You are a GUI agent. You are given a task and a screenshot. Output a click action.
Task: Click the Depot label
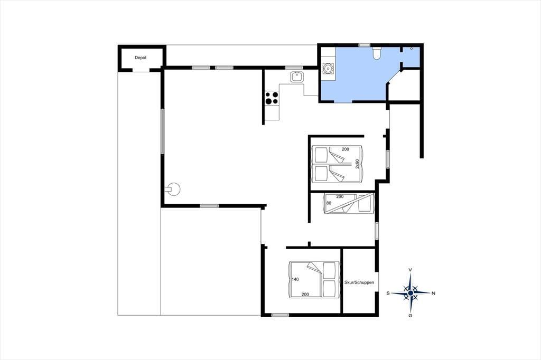point(141,58)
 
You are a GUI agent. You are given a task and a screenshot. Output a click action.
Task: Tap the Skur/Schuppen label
point(359,282)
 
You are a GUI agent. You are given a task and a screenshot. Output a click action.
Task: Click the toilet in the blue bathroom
point(376,53)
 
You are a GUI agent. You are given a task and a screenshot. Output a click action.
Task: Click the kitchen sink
point(297,76)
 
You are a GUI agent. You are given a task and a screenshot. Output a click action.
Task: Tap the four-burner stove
point(272,98)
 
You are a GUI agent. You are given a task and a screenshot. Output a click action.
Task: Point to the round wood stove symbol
point(173,189)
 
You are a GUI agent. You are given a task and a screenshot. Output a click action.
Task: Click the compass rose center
point(410,293)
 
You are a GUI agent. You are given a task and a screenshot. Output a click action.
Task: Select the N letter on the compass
point(434,293)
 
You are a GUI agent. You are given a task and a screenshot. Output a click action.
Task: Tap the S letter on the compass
point(388,293)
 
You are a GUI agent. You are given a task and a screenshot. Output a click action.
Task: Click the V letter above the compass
point(410,270)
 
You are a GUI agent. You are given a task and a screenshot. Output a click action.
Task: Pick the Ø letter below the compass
point(410,316)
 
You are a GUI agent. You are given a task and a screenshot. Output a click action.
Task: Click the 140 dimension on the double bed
point(295,279)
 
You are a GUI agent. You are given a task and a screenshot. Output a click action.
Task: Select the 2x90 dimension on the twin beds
point(357,164)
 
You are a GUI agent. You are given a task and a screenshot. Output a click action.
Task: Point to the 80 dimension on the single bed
point(329,203)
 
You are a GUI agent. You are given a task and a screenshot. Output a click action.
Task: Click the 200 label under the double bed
point(305,295)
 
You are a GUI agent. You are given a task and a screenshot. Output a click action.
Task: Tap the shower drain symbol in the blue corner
point(411,49)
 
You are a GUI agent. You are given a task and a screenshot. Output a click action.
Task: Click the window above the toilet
point(365,45)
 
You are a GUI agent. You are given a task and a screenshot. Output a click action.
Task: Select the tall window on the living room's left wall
point(162,131)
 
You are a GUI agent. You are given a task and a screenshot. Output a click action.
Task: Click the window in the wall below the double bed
point(280,315)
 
